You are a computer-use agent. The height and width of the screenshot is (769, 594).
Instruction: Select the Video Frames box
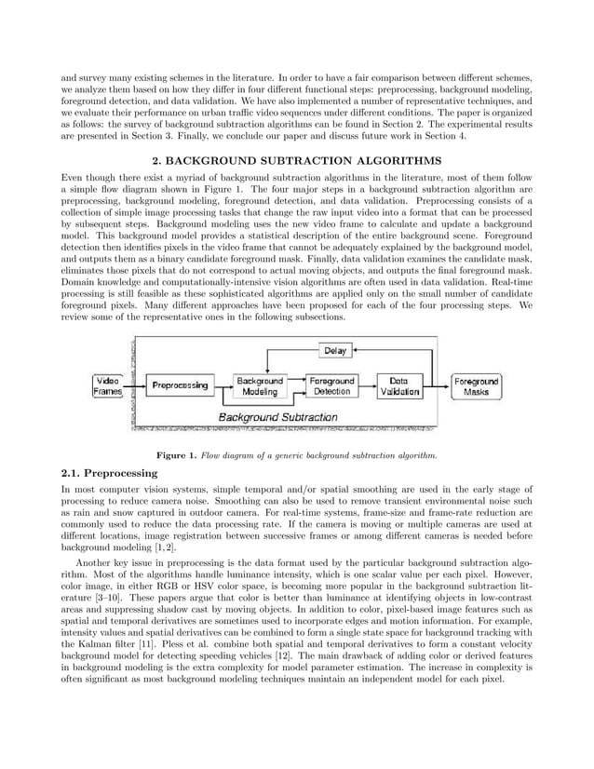pos(108,386)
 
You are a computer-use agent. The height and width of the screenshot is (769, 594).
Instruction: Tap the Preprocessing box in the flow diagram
pos(180,385)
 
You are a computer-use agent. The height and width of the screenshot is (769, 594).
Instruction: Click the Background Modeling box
pos(260,386)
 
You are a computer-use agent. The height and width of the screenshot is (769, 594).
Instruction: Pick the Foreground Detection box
pos(331,386)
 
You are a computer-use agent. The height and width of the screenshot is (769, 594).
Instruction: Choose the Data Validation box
pos(398,386)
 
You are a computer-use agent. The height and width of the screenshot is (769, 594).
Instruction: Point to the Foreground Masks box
pos(476,386)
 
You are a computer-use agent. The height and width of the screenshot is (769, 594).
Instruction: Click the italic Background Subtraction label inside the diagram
pos(277,417)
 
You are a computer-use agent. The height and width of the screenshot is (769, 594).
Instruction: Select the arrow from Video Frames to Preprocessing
pos(133,385)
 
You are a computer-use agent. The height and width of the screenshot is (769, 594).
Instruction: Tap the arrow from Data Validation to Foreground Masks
pos(438,385)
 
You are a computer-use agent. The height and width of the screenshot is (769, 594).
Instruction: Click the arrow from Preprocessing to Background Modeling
pos(222,385)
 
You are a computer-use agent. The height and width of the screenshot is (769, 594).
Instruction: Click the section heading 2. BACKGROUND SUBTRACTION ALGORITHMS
pos(296,159)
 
